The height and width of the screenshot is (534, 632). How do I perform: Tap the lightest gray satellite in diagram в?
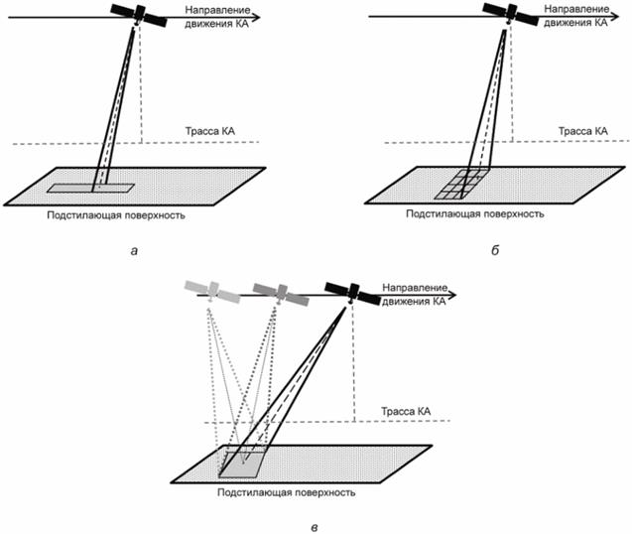point(210,292)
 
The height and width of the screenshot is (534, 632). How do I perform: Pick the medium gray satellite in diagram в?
point(279,292)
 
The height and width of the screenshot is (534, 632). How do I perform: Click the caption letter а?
point(133,249)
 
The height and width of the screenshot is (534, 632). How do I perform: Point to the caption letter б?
point(493,249)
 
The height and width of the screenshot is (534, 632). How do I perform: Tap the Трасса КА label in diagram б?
point(579,131)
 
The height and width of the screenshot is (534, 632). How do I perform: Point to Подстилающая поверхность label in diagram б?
point(476,213)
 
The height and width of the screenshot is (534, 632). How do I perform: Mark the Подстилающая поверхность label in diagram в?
point(287,491)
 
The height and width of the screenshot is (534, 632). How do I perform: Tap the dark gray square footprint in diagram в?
point(241,464)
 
